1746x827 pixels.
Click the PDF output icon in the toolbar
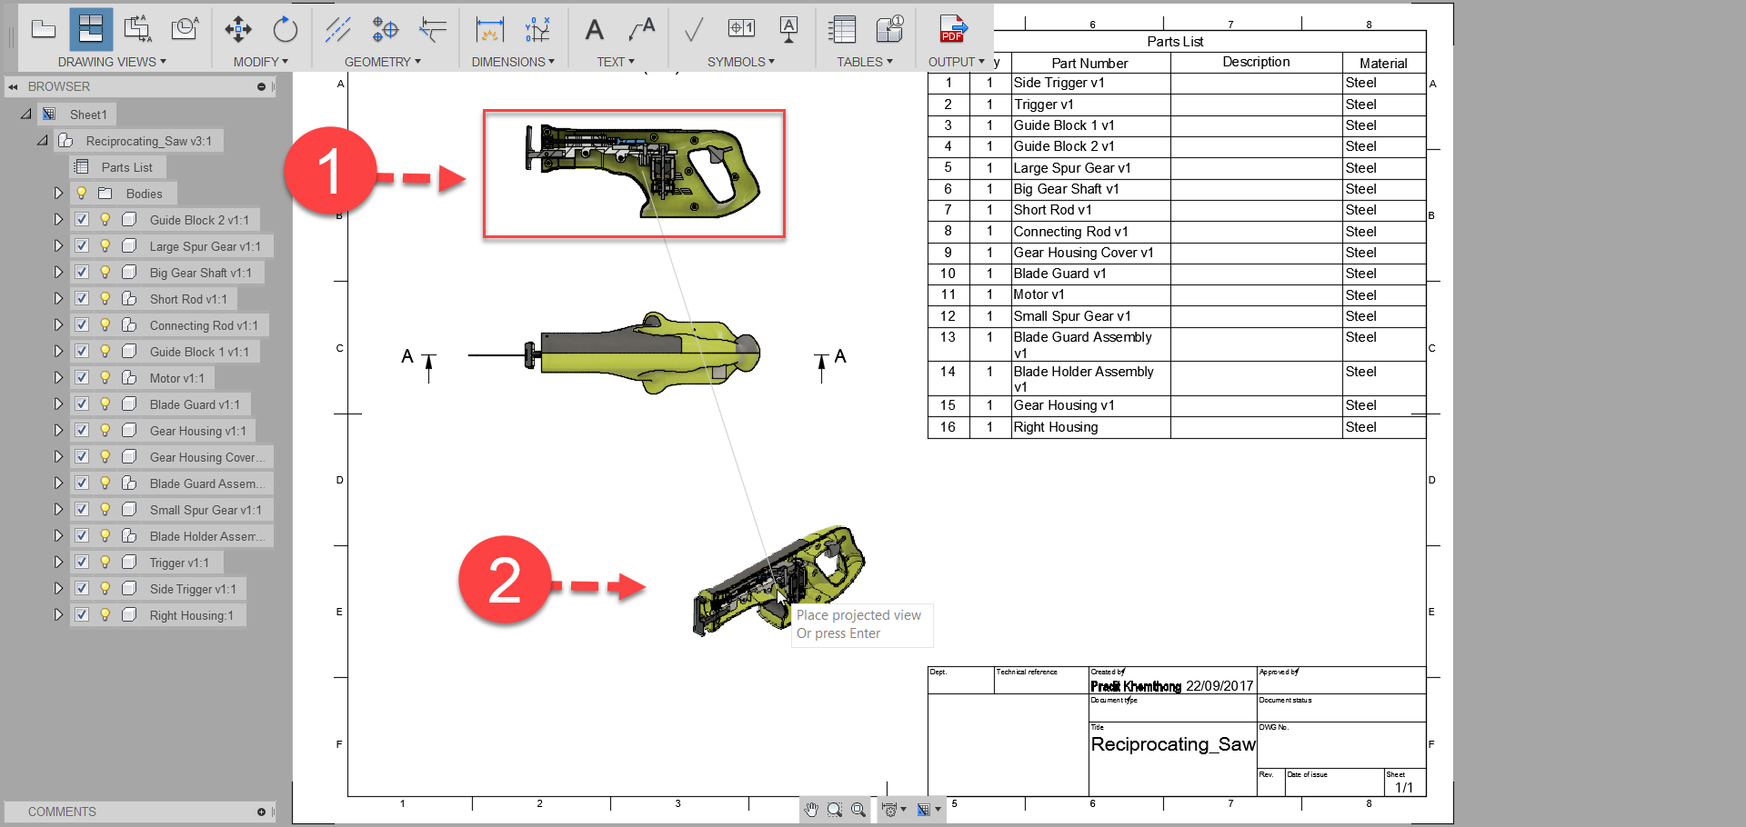pos(952,29)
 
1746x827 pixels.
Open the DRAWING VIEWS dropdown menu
pos(112,62)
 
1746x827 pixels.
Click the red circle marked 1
pos(330,171)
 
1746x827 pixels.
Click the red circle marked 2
pos(505,580)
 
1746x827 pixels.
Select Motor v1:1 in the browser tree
pos(176,378)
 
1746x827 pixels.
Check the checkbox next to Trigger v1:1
pos(82,563)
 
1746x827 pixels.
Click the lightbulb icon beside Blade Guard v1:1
pos(105,404)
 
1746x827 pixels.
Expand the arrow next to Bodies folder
pos(58,194)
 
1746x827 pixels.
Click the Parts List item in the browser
pos(126,167)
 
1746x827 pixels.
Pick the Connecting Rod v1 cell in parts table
pos(1070,232)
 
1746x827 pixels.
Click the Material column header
pos(1382,63)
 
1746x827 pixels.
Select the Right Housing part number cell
pos(1056,427)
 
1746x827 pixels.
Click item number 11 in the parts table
pos(948,294)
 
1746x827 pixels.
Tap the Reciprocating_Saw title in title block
pos(1172,744)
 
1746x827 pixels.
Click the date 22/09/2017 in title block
pos(1219,686)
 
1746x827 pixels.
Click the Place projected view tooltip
pos(858,623)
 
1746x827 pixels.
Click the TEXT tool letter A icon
pos(594,30)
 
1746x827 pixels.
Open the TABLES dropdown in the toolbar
pos(864,62)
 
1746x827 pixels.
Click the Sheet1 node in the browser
pos(88,115)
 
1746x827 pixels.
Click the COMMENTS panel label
pos(62,812)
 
